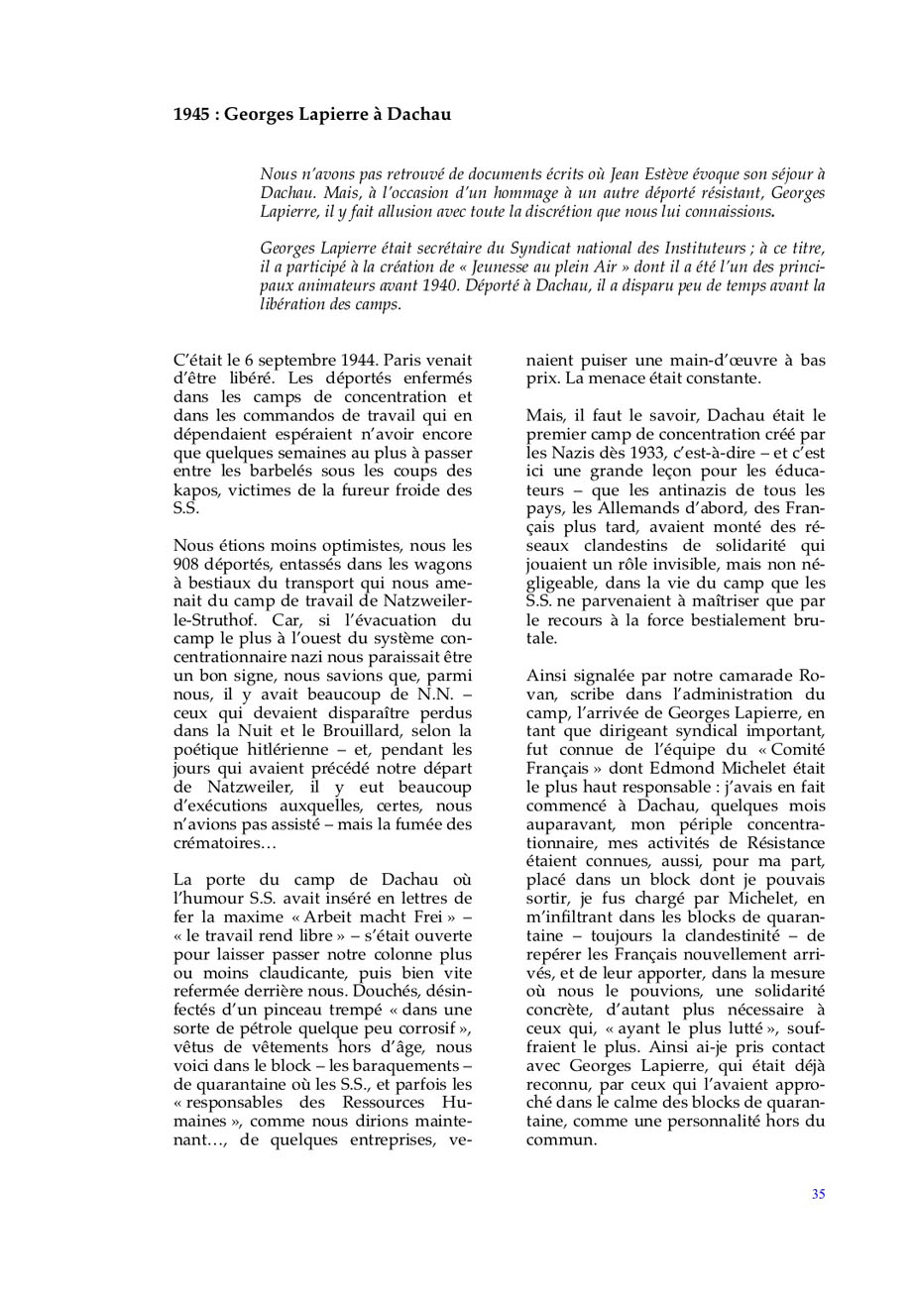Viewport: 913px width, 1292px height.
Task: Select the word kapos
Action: (x=195, y=492)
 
